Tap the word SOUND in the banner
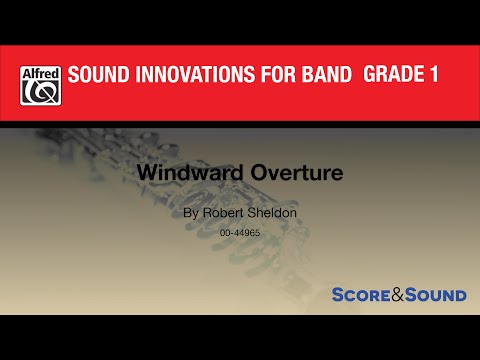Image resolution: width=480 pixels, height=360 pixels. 99,76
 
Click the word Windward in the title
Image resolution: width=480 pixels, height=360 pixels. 202,172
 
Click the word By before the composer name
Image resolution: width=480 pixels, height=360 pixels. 191,212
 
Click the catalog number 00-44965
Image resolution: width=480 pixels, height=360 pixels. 239,232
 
